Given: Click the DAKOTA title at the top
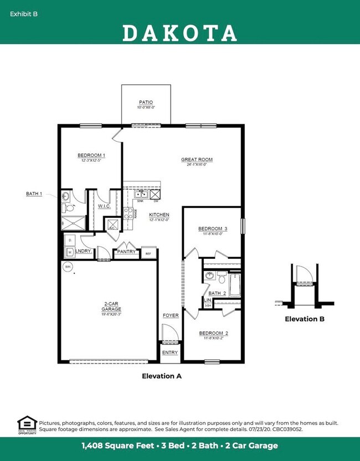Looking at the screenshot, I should point(179,33).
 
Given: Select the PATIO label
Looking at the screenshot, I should point(146,103).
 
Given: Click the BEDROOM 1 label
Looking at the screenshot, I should point(91,156).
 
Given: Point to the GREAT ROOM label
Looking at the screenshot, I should point(197,160).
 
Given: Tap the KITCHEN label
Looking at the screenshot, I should point(159,214).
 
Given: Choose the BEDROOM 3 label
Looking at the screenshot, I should point(213,228).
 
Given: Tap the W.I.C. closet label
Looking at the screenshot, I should point(104,206).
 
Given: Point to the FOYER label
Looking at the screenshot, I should point(170,315).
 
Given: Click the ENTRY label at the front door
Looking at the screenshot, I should point(170,352).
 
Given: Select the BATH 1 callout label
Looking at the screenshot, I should point(34,193).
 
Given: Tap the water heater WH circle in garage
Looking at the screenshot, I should point(68,267).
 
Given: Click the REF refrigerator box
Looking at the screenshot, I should point(148,254).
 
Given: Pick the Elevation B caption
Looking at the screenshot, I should point(305,319).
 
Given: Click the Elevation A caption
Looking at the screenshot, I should point(162,376).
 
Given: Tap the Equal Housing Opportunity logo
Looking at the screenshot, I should point(27,424).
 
